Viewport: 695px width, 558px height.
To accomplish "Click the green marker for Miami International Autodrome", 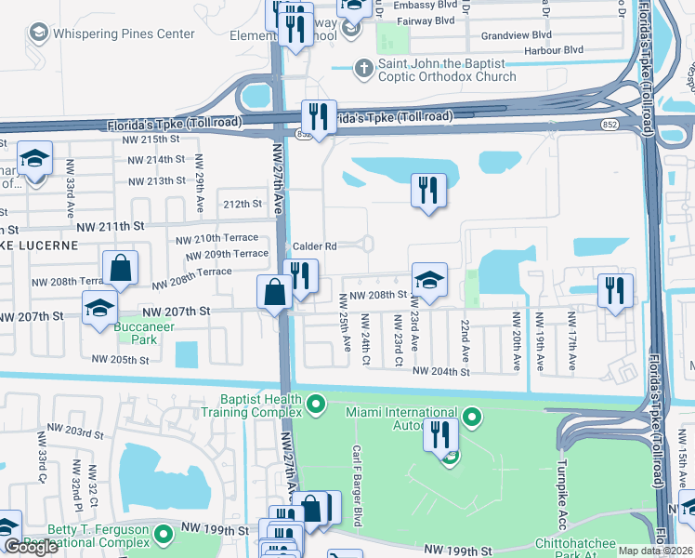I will (471, 417).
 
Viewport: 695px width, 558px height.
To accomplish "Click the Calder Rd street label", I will (314, 246).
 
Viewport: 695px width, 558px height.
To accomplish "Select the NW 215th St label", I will (153, 139).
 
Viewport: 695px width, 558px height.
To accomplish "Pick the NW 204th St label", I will (440, 371).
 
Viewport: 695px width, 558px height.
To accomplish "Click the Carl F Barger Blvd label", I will (356, 470).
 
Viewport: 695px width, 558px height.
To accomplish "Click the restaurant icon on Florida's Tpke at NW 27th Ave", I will (319, 117).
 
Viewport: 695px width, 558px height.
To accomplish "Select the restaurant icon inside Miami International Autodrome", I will (440, 434).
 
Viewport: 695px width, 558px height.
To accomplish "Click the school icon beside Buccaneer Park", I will (100, 309).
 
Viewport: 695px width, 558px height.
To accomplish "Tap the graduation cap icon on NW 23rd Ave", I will (429, 280).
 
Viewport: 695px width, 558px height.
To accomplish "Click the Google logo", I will (31, 548).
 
